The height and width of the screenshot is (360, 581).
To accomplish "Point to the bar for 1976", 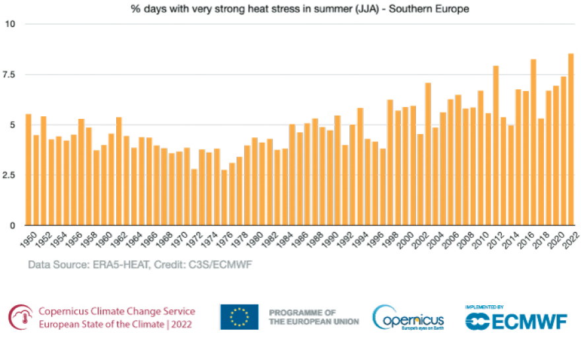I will (224, 198).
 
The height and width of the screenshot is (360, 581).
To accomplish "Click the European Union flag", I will (239, 317).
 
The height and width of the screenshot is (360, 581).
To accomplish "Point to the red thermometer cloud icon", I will (20, 317).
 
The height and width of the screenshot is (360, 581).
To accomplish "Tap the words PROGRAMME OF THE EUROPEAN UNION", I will (314, 317).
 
